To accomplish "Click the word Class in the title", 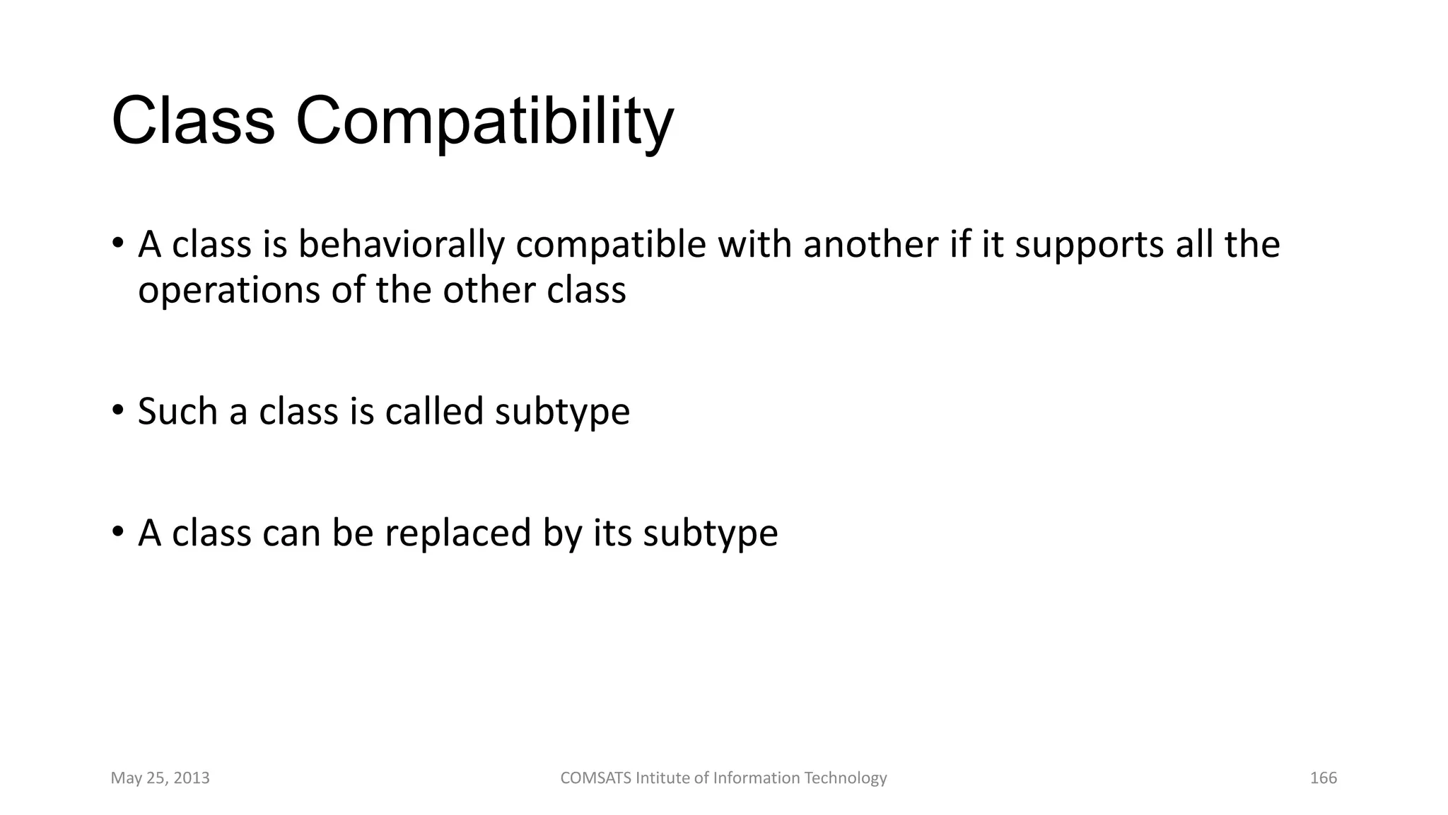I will tap(192, 122).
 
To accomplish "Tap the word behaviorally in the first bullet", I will tap(401, 245).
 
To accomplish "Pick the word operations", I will tap(228, 291).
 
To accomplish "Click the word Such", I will tap(177, 411).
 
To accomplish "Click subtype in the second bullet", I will tap(562, 412).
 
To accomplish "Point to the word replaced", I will tap(457, 533).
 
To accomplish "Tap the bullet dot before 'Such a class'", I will tap(118, 410).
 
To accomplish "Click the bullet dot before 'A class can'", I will tap(118, 531).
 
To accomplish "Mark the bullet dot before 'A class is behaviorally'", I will tap(118, 243).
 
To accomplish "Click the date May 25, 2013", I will tap(160, 778).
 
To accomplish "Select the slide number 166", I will tap(1324, 778).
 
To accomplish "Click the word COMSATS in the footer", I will tap(595, 778).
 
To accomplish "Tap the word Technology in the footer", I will tap(845, 778).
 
